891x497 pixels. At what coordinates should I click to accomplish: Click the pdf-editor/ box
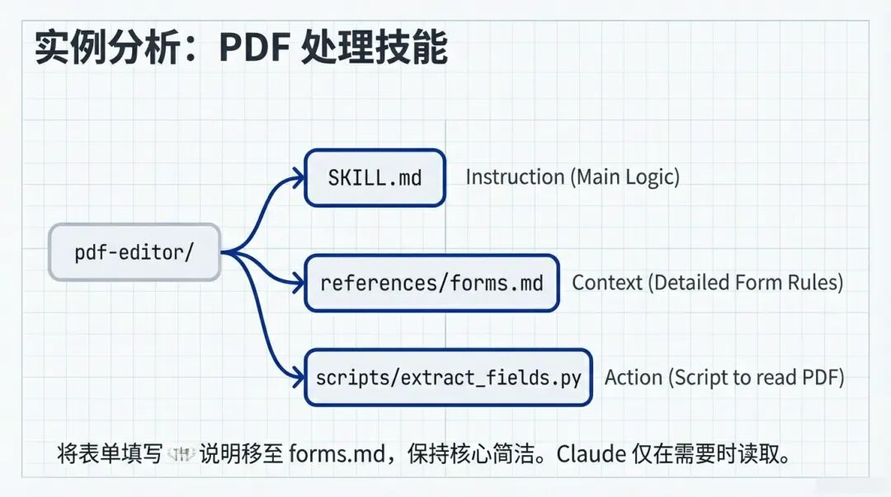(134, 252)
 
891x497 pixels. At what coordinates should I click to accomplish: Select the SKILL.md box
(375, 177)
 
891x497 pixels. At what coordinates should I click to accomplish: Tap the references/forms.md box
(431, 283)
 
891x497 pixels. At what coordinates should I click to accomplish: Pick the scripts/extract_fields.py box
(448, 377)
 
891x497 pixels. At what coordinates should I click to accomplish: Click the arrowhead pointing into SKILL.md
(298, 176)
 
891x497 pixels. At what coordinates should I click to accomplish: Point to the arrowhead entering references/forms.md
(298, 283)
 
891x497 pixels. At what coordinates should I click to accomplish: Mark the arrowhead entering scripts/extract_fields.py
(298, 377)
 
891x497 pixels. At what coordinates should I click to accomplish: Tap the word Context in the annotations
(606, 283)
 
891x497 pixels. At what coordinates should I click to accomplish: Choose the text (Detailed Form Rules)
(745, 283)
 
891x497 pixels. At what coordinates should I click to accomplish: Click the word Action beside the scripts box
(634, 377)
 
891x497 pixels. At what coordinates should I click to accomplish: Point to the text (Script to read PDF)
(757, 377)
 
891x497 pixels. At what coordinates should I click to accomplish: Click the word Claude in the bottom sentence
(592, 453)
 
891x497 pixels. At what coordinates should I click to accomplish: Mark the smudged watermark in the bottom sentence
(181, 453)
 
